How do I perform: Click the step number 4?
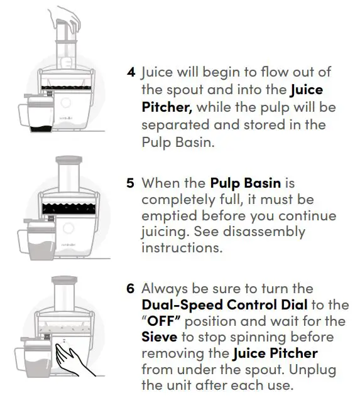(131, 72)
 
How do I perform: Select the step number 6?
(131, 289)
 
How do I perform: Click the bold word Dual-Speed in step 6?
(177, 306)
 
